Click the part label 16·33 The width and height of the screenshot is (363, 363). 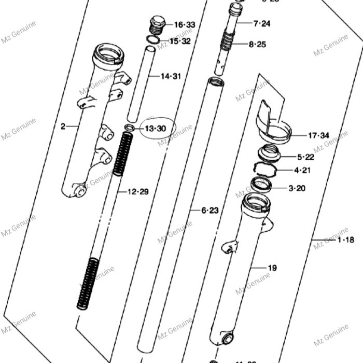click(x=184, y=25)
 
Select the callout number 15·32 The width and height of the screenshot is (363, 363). click(x=180, y=41)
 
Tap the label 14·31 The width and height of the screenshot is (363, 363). click(x=171, y=77)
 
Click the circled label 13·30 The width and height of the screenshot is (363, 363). click(x=155, y=128)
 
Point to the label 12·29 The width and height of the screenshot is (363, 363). click(x=138, y=192)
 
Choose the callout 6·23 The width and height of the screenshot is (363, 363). click(x=210, y=210)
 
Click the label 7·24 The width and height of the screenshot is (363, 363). click(x=262, y=23)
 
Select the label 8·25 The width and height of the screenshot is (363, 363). click(x=257, y=45)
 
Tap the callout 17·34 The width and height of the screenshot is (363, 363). click(x=318, y=136)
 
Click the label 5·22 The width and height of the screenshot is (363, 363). click(x=305, y=157)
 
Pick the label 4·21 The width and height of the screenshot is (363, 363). click(x=303, y=170)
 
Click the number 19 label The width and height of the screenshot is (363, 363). click(x=272, y=268)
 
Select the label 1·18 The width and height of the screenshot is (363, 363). click(x=346, y=240)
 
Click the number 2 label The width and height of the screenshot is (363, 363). click(x=63, y=126)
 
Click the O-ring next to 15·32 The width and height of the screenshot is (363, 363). click(x=152, y=39)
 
